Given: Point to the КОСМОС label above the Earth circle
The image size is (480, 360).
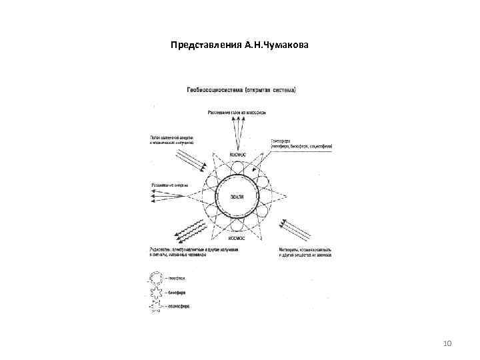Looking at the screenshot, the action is coord(237,155).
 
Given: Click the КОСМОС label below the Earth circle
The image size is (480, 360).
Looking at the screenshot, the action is coord(237,238).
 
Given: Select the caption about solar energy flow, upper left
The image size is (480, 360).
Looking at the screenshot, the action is coord(171,140).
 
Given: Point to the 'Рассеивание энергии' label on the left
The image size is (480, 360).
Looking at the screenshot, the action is coord(170,185).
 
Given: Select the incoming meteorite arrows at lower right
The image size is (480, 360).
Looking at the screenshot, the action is coord(295,231).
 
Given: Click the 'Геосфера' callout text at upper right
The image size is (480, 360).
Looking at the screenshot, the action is coord(294,143).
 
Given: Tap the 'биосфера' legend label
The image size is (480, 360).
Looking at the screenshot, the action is coord(177,291).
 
